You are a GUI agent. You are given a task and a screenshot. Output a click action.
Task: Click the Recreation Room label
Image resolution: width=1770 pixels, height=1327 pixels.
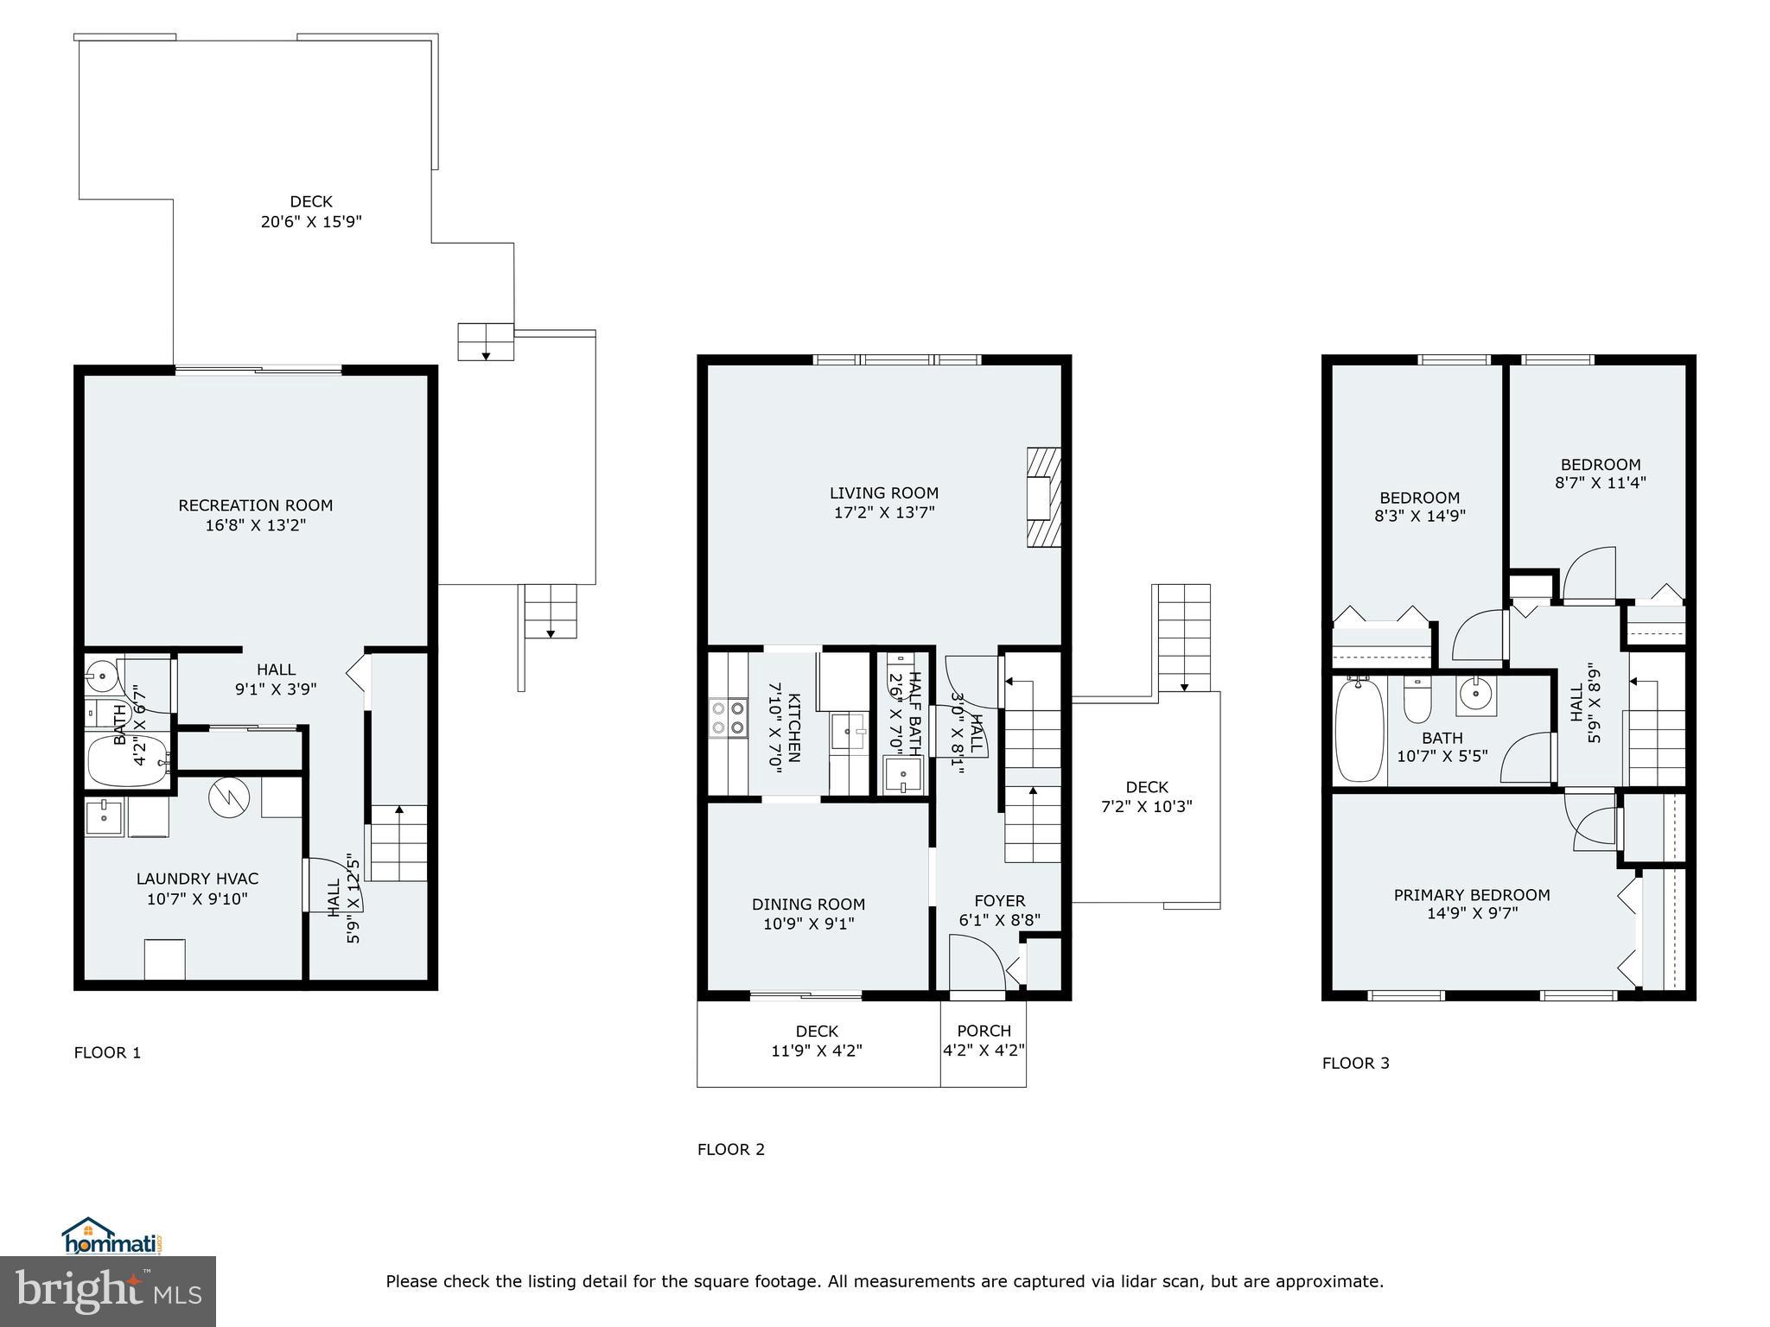click(255, 505)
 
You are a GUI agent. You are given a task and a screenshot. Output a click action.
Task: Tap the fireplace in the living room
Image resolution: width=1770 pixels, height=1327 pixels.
click(1043, 497)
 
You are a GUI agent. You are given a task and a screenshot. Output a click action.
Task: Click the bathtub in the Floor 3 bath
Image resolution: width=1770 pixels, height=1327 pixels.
click(1359, 731)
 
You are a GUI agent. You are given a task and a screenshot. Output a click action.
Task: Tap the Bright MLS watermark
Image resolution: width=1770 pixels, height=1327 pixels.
click(108, 1291)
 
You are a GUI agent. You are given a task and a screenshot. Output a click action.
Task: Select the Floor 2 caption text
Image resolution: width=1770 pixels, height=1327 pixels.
click(730, 1149)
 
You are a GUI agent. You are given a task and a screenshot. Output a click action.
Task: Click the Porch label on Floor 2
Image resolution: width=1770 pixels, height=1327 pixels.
click(984, 1031)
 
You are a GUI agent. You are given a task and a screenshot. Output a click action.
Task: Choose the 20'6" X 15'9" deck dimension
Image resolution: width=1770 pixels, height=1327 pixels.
click(311, 222)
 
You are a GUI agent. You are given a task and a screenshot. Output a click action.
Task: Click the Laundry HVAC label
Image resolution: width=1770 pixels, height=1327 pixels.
click(197, 879)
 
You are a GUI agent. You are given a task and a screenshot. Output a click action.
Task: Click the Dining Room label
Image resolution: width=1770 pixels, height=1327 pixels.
click(808, 905)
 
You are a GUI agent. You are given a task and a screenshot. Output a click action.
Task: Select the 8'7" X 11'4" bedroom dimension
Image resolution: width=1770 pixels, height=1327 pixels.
click(1600, 483)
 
